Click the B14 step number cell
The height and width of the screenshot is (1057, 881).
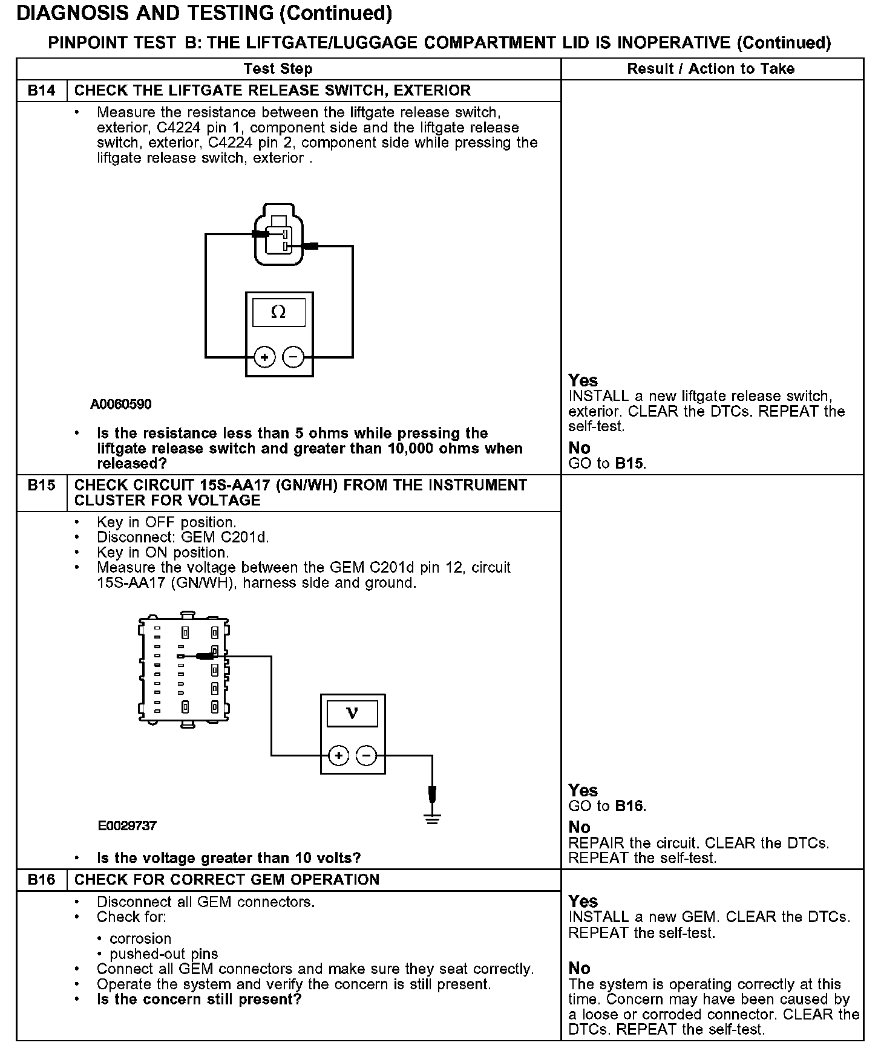point(41,91)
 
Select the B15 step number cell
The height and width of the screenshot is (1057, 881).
point(41,486)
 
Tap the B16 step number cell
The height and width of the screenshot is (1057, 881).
point(41,880)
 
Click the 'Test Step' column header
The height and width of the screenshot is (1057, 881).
point(278,69)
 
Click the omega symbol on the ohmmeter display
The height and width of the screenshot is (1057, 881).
point(278,312)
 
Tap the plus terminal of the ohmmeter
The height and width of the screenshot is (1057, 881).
point(264,357)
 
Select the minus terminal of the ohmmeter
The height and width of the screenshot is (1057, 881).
point(293,357)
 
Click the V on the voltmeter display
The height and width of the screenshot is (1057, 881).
point(352,713)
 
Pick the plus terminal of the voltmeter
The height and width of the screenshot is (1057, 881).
point(339,755)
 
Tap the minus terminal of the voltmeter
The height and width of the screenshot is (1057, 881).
point(366,755)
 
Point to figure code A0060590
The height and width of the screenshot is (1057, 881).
point(121,404)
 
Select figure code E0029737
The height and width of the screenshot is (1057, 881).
point(127,825)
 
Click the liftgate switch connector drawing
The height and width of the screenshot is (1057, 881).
point(278,236)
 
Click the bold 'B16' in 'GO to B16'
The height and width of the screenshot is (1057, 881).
point(629,806)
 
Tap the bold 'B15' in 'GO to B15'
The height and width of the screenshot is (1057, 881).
point(629,464)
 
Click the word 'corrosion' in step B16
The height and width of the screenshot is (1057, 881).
point(140,938)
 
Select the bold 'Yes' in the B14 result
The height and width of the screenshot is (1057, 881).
point(583,380)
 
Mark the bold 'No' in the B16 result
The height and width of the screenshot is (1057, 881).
point(579,968)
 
